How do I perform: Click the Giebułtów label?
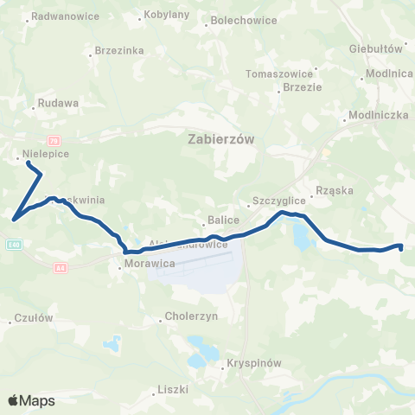[x=376, y=49]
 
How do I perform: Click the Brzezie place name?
[x=303, y=87]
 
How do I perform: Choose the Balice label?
[x=217, y=220]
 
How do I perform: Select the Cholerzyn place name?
[x=191, y=316]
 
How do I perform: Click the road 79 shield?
[x=54, y=140]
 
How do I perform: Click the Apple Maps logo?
[x=31, y=400]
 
